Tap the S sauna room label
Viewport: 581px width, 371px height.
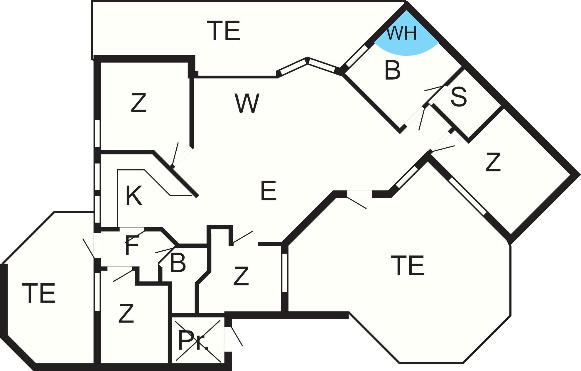tap(459, 97)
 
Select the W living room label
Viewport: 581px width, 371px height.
tap(247, 104)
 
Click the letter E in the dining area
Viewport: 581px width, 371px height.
tap(268, 191)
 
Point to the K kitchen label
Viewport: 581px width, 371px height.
tap(134, 196)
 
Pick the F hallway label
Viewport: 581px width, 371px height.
tap(132, 245)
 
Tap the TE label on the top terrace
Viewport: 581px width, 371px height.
tap(225, 31)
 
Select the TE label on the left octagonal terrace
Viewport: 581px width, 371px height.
tap(38, 293)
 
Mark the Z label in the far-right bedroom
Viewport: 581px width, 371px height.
tap(493, 162)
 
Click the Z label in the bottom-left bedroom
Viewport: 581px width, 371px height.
tap(126, 313)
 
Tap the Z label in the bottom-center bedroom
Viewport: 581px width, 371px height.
tap(241, 276)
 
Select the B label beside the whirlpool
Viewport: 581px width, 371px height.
tap(392, 70)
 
